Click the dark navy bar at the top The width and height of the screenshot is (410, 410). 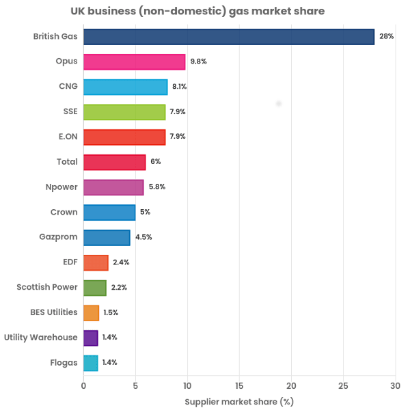point(229,36)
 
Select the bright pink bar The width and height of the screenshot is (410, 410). point(135,61)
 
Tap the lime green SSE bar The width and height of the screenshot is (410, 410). point(124,111)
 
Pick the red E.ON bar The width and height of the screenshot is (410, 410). point(124,137)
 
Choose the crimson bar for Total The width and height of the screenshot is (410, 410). point(115,162)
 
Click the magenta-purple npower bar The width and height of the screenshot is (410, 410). point(114,187)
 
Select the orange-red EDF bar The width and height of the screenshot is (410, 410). point(96,262)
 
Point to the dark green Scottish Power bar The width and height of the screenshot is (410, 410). point(95,288)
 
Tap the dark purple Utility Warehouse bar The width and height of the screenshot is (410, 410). point(91,338)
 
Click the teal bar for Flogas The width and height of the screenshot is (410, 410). point(91,363)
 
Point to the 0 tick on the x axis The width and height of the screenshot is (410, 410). point(83,387)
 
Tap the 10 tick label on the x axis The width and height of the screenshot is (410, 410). point(187,387)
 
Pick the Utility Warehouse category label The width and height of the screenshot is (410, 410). point(41,338)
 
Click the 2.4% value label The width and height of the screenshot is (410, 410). point(120,262)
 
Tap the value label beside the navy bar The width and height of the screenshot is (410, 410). point(386,36)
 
